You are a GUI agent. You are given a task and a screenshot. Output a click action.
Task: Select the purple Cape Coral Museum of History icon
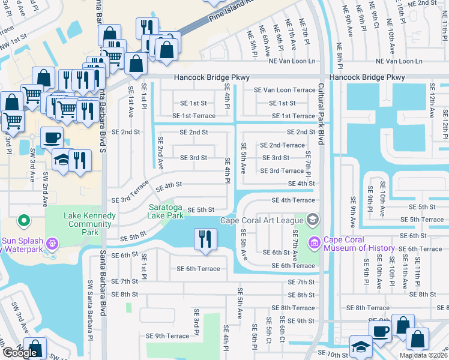[x=314, y=242]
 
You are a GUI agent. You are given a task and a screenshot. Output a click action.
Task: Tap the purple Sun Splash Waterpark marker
[x=52, y=244]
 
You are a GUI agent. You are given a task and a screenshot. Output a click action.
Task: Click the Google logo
[x=20, y=353]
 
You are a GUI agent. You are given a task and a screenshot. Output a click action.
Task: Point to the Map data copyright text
[x=423, y=355]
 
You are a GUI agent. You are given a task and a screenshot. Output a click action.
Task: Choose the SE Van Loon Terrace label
[x=284, y=90]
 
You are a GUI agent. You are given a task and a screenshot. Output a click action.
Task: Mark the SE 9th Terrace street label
[x=164, y=335]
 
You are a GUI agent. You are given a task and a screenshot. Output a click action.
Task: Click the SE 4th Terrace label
[x=293, y=200]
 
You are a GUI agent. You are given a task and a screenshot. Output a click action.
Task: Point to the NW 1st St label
[x=14, y=37]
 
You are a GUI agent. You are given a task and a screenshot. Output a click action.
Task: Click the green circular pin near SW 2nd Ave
[x=25, y=222]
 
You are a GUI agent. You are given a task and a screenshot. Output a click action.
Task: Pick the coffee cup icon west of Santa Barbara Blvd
[x=52, y=137]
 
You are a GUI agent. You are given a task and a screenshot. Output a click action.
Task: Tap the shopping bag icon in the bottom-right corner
[x=417, y=339]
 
